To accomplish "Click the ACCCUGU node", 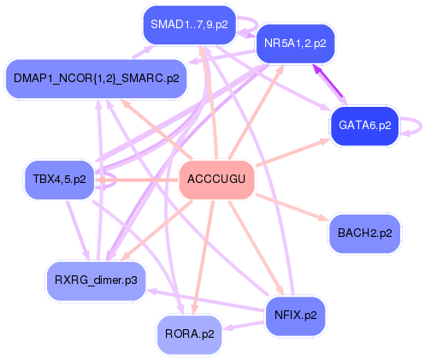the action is (216, 180).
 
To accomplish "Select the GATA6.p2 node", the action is (365, 126).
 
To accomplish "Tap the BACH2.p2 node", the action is (365, 233).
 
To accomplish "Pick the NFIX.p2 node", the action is (295, 316).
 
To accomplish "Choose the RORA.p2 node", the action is (190, 334).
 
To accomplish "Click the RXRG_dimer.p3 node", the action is (96, 280).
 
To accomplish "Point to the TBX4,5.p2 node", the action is (59, 180).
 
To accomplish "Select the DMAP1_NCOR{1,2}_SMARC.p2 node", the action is (97, 79).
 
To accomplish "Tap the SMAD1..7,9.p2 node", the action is (189, 25).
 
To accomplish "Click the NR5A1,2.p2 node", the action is (295, 44).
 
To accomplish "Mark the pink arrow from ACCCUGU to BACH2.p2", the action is (292, 208).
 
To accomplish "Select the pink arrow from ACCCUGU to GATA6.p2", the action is (293, 152).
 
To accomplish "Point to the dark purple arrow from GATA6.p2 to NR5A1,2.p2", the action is (328, 82).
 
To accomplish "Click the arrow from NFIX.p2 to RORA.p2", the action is (243, 325).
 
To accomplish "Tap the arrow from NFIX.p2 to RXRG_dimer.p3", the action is (205, 300).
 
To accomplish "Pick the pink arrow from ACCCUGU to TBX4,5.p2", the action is (137, 180).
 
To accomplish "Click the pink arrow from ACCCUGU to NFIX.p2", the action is (256, 247).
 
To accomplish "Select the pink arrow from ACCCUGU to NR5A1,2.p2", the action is (256, 112).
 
